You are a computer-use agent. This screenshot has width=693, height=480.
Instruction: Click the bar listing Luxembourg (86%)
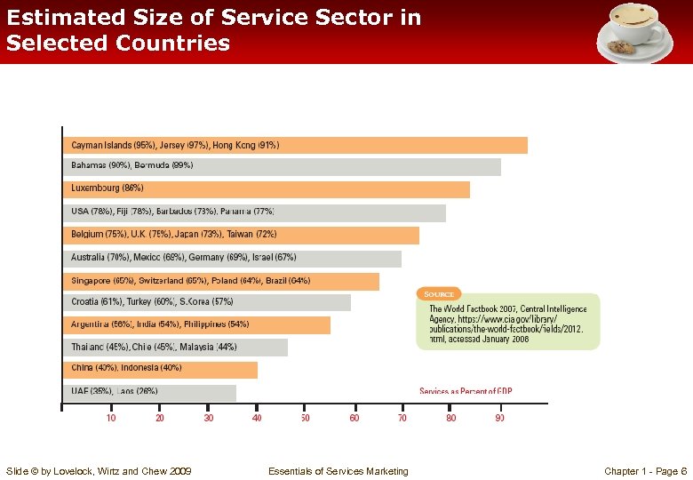(x=267, y=189)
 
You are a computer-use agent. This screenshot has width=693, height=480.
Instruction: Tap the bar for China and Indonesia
(x=160, y=369)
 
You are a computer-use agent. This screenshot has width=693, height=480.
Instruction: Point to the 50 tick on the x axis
(x=306, y=417)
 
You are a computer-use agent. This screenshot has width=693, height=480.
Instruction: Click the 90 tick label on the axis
(x=500, y=417)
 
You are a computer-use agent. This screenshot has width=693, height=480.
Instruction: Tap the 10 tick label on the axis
(x=111, y=417)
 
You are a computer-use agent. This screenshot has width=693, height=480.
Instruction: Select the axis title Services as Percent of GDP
(x=466, y=391)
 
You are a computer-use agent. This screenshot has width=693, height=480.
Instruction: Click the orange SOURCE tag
(x=439, y=294)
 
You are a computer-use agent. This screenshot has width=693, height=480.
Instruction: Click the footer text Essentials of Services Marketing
(x=338, y=471)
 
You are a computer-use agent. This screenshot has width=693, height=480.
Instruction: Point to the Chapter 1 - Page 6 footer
(x=645, y=471)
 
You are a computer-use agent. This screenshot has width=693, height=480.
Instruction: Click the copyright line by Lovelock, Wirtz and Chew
(x=98, y=471)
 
